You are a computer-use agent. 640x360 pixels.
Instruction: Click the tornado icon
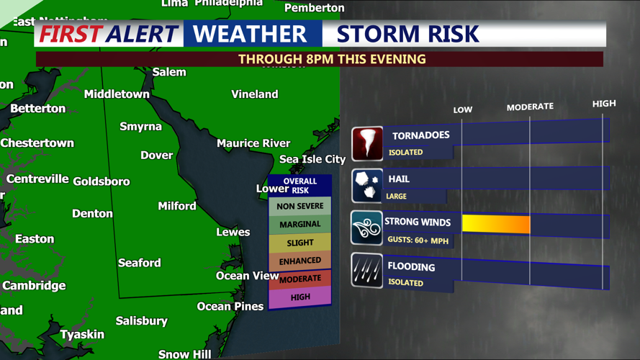(367, 143)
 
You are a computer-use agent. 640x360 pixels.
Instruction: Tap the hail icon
(367, 186)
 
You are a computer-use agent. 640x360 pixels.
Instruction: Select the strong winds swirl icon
(367, 228)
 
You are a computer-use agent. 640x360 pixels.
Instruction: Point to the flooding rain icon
(367, 271)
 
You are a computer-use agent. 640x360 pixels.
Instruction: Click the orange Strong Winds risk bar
(496, 224)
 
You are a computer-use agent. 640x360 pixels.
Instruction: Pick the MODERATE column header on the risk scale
(530, 107)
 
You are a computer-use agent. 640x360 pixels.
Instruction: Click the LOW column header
(463, 110)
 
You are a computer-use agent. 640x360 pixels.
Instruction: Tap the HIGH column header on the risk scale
(604, 104)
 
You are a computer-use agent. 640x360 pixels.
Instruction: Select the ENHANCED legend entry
(300, 261)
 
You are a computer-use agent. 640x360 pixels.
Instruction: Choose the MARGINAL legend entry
(300, 225)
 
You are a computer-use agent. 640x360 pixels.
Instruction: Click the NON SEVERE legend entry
(300, 207)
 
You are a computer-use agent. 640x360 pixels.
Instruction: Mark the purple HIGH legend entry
(300, 297)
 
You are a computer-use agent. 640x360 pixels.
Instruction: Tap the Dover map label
(156, 155)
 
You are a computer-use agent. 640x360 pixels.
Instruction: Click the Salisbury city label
(142, 320)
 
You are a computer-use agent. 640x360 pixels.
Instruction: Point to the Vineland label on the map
(254, 94)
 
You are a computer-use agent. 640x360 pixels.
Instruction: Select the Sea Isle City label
(312, 159)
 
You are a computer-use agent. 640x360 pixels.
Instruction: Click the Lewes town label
(233, 232)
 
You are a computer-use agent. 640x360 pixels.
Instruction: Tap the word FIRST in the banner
(69, 34)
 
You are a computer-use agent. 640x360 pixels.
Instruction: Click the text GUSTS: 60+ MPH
(418, 240)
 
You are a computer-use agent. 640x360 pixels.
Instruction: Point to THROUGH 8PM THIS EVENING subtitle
(332, 59)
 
